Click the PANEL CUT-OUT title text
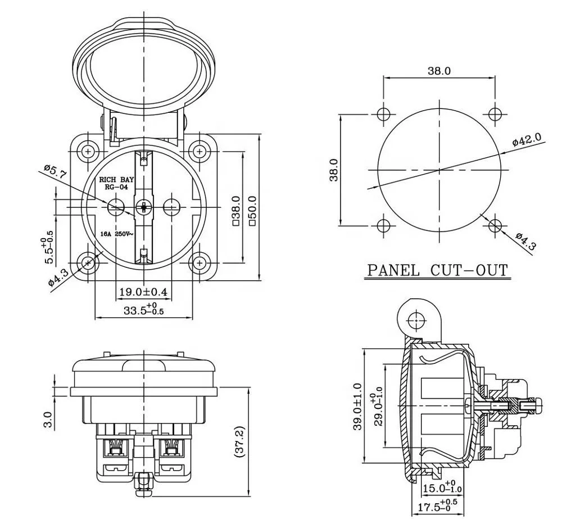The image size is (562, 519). tap(437, 270)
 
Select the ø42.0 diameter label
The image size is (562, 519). tap(526, 140)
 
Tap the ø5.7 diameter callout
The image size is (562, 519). tap(55, 172)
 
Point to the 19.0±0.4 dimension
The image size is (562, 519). tap(143, 292)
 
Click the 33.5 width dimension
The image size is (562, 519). tap(143, 309)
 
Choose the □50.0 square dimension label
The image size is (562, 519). tap(252, 211)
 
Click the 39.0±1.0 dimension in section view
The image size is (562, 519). tap(357, 407)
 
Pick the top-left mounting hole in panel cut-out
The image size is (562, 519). tap(383, 114)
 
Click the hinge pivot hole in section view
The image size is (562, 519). tap(416, 321)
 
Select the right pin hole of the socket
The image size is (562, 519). tap(171, 207)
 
